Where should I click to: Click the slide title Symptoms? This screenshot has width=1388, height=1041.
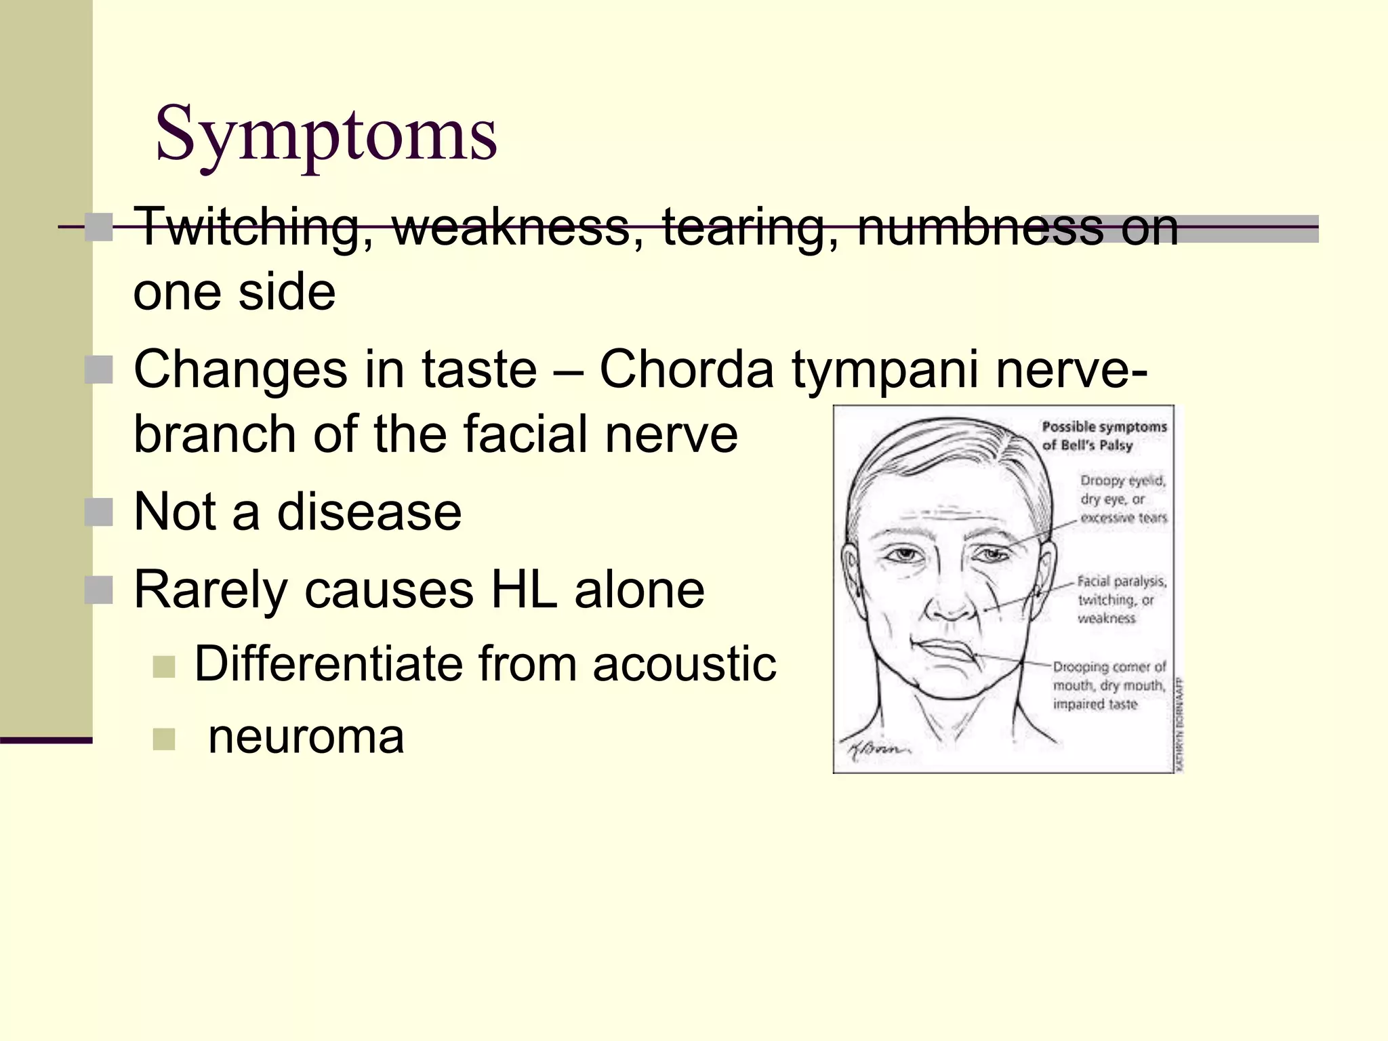click(x=326, y=134)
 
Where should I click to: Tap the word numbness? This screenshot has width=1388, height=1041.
click(x=980, y=227)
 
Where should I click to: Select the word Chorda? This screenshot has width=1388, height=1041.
click(x=687, y=370)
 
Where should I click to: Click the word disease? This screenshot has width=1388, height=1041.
click(x=369, y=512)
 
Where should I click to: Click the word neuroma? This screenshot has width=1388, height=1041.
click(x=306, y=737)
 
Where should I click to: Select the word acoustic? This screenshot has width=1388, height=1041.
click(x=685, y=664)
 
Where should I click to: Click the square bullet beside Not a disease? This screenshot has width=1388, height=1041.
click(x=99, y=512)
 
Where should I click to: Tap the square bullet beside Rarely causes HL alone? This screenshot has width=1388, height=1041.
click(x=99, y=590)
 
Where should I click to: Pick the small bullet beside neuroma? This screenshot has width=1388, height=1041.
click(x=164, y=739)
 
